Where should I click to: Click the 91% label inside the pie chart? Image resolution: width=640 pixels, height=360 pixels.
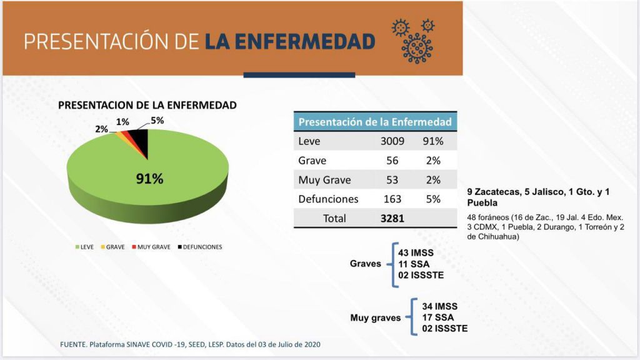[150, 179]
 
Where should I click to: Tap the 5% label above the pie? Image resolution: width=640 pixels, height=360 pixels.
[157, 121]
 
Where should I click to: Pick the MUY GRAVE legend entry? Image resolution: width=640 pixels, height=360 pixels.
[150, 247]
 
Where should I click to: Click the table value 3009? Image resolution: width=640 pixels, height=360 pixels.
[392, 141]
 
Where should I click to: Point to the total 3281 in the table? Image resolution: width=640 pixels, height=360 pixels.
[392, 219]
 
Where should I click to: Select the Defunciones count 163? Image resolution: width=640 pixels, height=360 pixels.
[392, 199]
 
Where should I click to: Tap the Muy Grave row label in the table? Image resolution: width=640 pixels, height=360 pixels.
[324, 180]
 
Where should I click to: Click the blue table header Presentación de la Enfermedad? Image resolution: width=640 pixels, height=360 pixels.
[375, 121]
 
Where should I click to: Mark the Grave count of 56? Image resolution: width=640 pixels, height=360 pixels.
[392, 161]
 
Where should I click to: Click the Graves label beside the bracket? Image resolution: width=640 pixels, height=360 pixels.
[365, 264]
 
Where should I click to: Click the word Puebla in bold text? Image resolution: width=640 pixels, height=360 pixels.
[482, 203]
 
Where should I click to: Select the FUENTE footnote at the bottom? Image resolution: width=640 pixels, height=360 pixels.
[191, 344]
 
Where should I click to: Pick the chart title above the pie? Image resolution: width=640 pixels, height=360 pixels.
[147, 106]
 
